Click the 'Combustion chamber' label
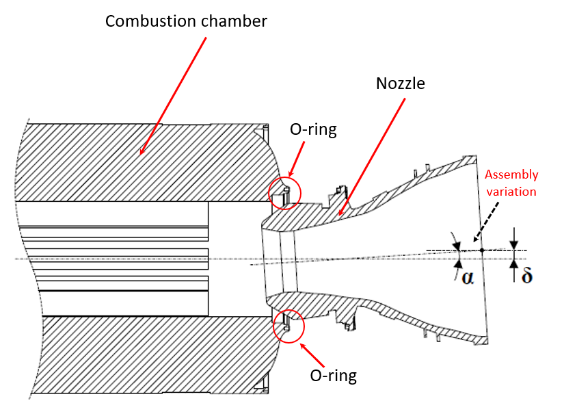186,21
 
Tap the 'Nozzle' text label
401,83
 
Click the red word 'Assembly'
512,175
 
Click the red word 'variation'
512,191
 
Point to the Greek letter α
468,277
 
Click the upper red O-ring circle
284,192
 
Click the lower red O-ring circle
286,326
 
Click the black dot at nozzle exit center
482,250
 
